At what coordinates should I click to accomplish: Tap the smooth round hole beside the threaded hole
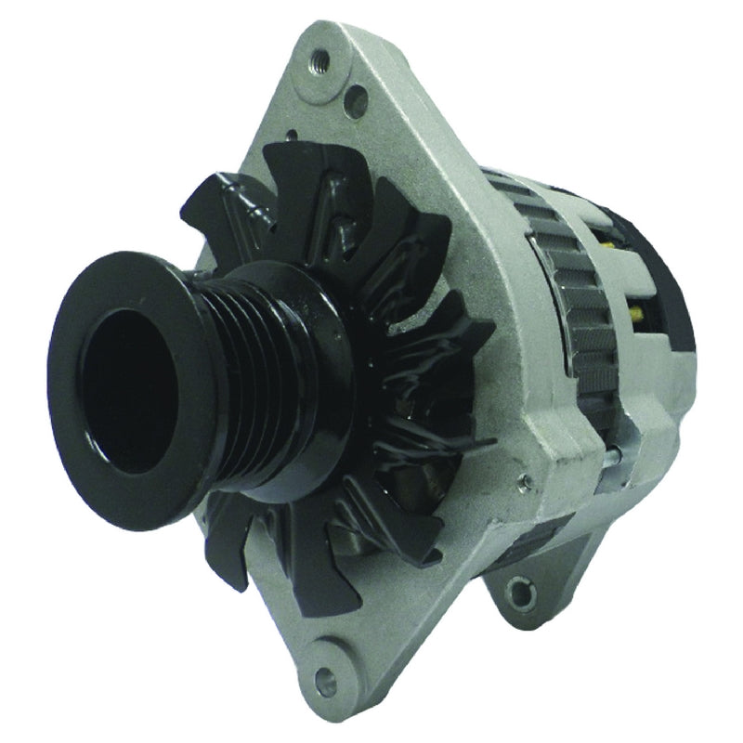pos(353,93)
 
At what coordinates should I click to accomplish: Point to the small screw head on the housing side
pos(526,481)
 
